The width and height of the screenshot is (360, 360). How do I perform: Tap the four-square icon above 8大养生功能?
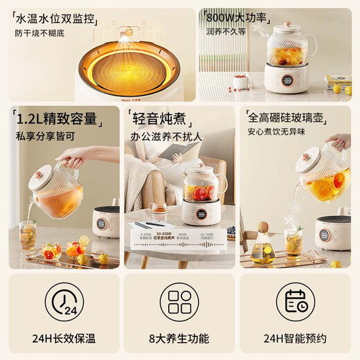pyautogui.click(x=179, y=303)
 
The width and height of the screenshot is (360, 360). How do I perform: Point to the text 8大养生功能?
pyautogui.click(x=179, y=339)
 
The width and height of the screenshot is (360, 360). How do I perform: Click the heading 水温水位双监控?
pyautogui.click(x=60, y=19)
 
